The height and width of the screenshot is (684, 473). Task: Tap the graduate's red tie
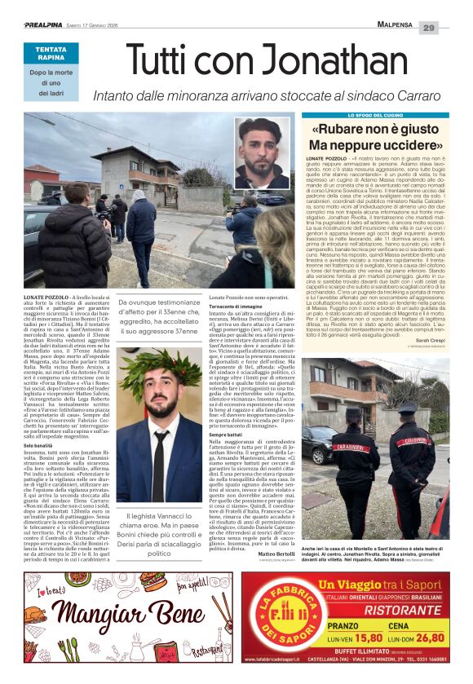(x=162, y=452)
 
